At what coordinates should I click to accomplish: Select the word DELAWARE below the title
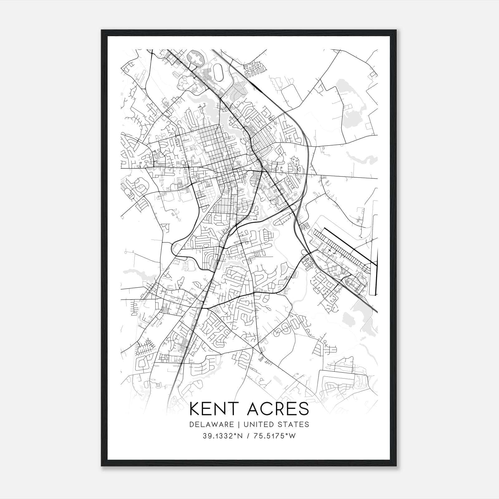211,424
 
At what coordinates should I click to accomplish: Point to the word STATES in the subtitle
294,424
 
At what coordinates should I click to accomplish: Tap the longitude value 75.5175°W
274,436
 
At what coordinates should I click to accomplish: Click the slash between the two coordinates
247,436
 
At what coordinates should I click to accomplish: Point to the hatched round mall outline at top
196,59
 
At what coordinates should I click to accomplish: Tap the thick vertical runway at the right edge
377,271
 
